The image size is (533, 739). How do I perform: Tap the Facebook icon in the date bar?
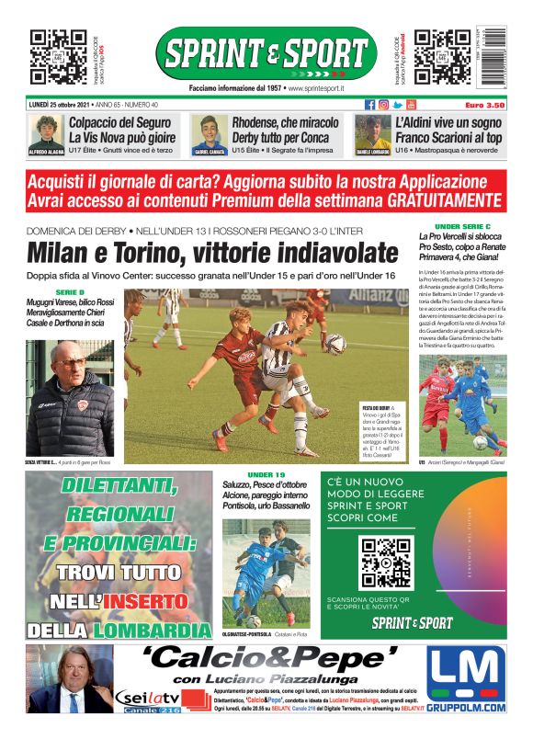click(x=370, y=105)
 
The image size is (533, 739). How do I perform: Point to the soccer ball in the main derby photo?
click(x=335, y=344)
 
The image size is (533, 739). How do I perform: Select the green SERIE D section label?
click(x=70, y=290)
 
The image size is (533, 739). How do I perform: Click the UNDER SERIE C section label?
click(x=462, y=226)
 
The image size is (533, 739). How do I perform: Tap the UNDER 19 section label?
click(x=266, y=473)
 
